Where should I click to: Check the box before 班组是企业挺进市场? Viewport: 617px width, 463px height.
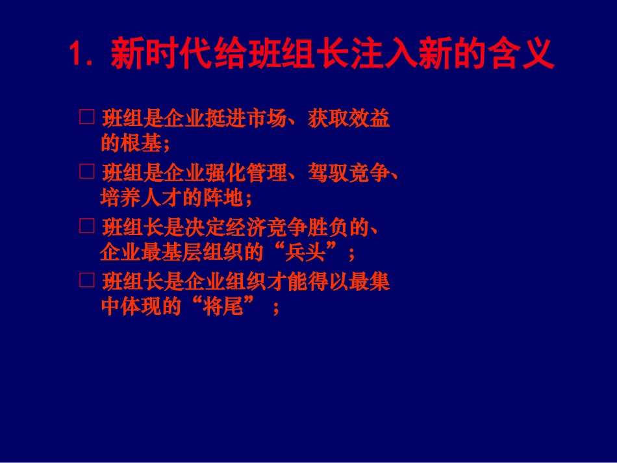point(86,117)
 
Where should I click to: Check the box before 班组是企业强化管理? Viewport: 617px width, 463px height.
point(86,171)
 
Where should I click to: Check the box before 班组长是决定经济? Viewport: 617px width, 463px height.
point(86,226)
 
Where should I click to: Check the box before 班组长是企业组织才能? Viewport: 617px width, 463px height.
point(86,281)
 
